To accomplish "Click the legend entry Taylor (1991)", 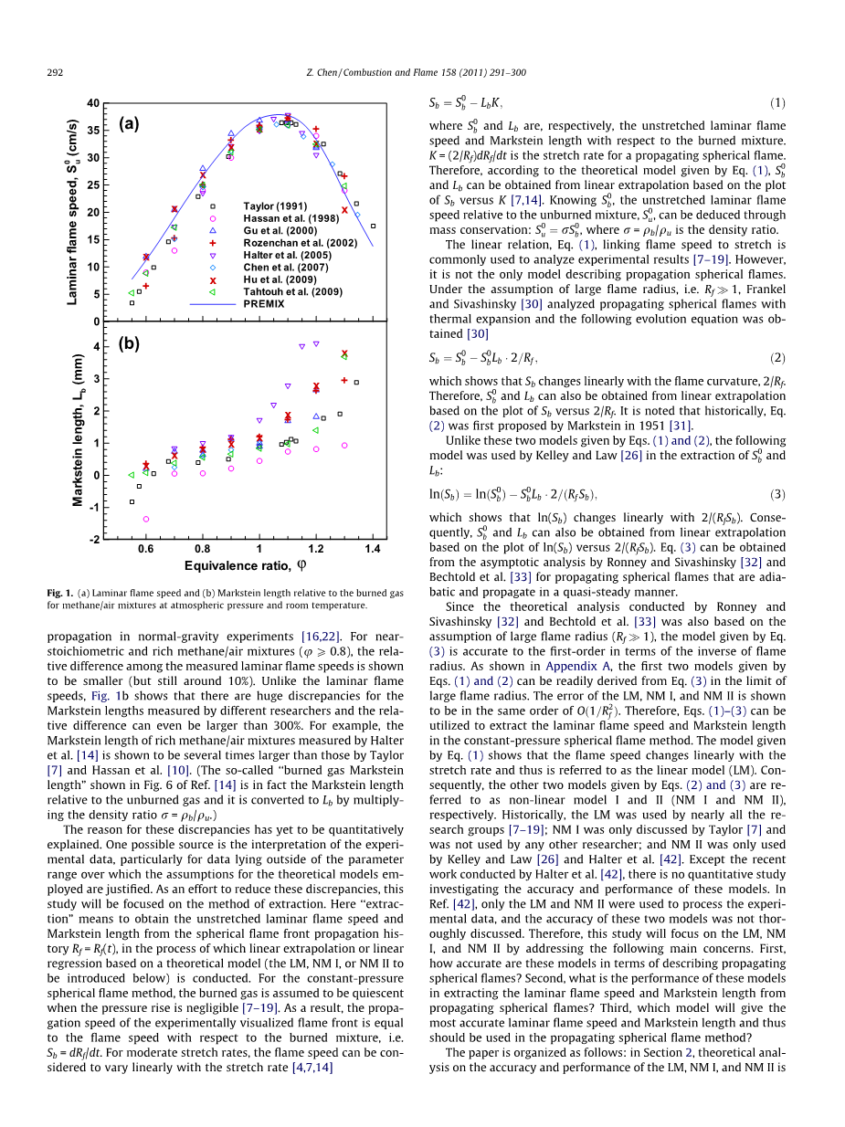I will click(275, 206).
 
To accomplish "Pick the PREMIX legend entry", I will click(264, 302).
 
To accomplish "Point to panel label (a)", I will click(129, 124).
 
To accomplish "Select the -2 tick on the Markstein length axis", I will click(94, 539).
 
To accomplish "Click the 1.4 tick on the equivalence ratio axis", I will click(373, 549).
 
